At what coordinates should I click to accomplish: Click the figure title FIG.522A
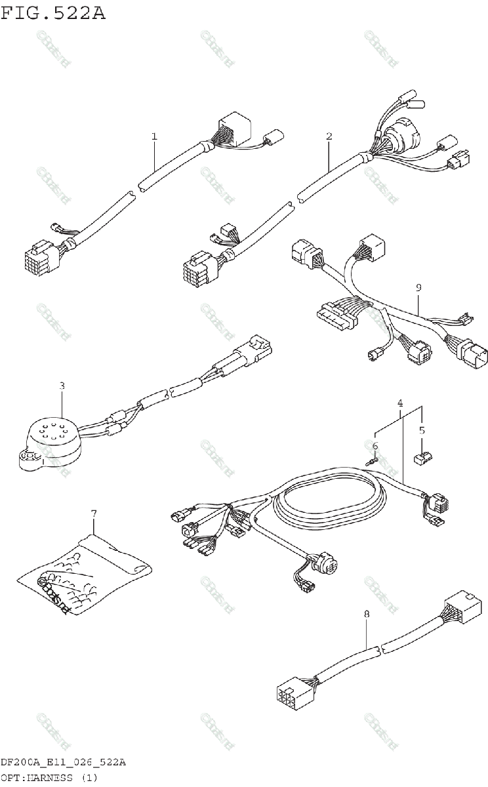(53, 12)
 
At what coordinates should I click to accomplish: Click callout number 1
(154, 136)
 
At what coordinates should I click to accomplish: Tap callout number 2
(329, 136)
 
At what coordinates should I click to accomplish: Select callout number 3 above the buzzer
(62, 386)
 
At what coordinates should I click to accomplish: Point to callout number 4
(400, 401)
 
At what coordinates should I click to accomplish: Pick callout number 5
(422, 431)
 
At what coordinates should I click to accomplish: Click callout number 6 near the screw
(375, 447)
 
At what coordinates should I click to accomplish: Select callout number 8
(366, 615)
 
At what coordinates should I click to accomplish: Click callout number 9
(418, 287)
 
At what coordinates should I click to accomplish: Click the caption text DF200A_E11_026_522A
(63, 763)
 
